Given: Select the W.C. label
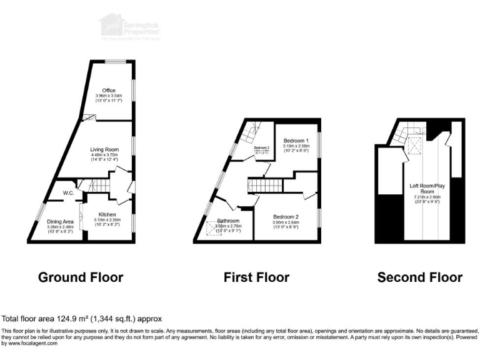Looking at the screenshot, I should click(69, 192).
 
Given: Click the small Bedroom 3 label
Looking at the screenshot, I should click(261, 147).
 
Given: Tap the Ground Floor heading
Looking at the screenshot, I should click(81, 277).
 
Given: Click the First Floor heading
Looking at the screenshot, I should click(256, 277).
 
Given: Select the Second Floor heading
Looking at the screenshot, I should click(419, 277).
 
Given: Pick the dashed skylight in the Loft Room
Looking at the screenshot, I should click(413, 146).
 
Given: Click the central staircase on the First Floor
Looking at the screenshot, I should click(262, 186).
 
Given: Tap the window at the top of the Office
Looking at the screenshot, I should click(113, 61).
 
